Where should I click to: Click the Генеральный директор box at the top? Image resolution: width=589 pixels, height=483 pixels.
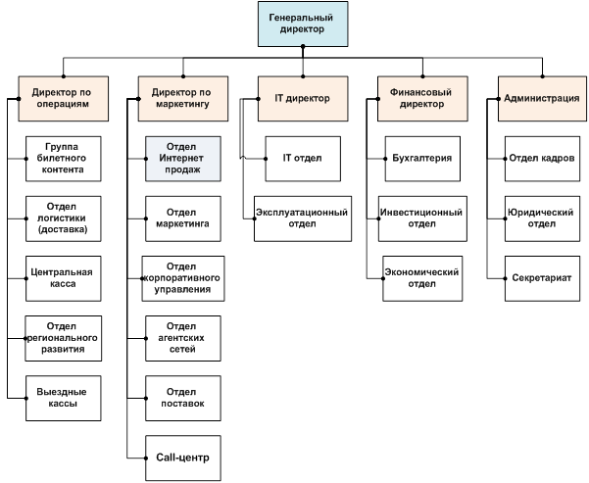coord(301,24)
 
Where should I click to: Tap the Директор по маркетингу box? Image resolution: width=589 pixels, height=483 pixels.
coord(182,97)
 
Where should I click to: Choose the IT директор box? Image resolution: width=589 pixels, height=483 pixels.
coord(302,97)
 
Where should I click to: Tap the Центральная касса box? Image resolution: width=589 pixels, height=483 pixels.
coord(64,276)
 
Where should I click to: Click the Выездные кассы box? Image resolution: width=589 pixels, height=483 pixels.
coord(64,396)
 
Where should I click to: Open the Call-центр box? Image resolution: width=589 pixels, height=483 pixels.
coord(183,456)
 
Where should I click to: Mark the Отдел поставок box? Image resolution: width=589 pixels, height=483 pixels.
coord(183,396)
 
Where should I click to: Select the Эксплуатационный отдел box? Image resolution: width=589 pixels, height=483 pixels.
coord(302,217)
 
